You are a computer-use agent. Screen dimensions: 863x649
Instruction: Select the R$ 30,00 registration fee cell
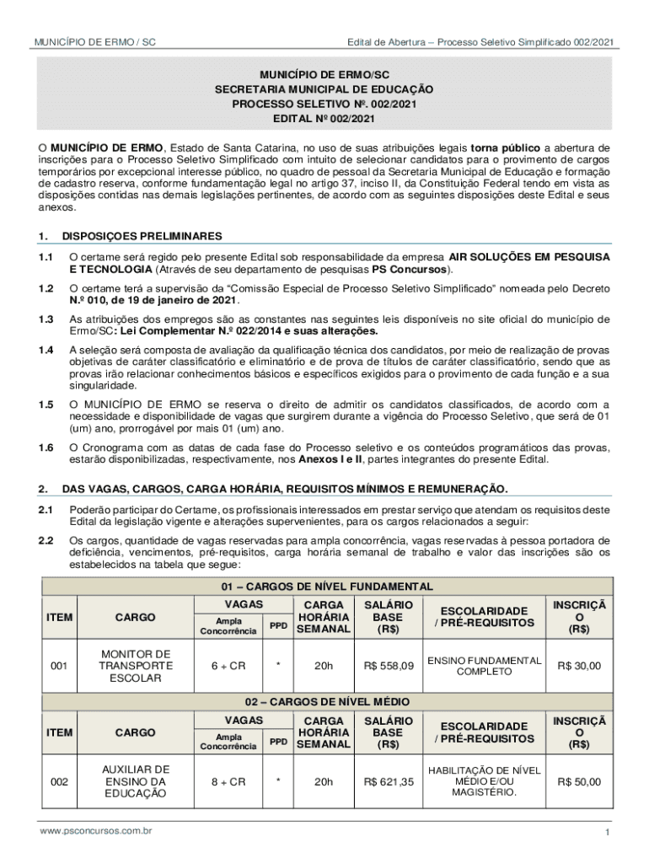(579, 666)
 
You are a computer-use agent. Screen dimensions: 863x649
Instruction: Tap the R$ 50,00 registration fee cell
(579, 781)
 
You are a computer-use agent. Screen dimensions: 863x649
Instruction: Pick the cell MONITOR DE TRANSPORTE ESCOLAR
(136, 666)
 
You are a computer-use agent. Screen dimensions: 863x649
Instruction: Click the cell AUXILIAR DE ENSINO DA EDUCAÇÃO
(136, 781)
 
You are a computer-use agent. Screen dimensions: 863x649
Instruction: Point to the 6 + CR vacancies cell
(228, 666)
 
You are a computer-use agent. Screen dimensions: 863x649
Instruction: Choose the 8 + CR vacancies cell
(228, 781)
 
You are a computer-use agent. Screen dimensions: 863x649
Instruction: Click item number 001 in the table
(59, 666)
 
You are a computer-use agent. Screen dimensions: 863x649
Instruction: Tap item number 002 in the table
(59, 781)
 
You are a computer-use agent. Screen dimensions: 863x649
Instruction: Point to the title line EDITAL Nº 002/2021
(324, 119)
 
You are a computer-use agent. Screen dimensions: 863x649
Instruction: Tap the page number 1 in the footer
(606, 833)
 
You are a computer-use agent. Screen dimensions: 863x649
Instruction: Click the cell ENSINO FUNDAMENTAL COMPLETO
(483, 666)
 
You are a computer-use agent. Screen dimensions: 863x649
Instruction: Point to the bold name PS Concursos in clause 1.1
(410, 270)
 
